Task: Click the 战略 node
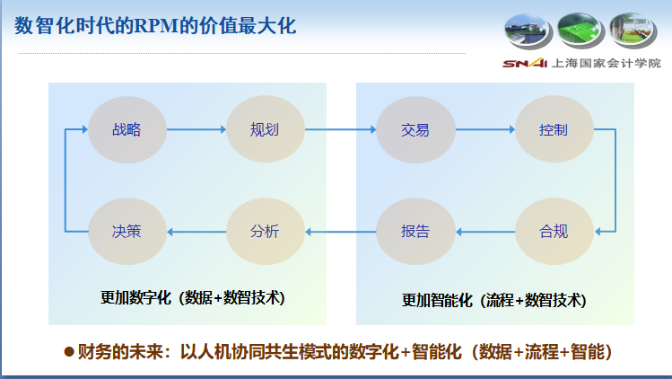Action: coord(127,129)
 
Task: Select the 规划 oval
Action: coord(265,129)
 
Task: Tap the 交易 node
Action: coord(415,129)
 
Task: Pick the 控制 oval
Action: coord(554,129)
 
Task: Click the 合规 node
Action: coord(554,232)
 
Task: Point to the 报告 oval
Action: coord(415,232)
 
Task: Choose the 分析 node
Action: coord(265,232)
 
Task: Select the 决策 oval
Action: coord(127,232)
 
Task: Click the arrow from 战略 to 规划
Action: coord(196,129)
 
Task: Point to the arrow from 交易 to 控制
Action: coord(484,129)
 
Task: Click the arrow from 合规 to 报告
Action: coord(484,232)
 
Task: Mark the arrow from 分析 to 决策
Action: coord(196,232)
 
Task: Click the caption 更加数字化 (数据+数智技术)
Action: coord(193,297)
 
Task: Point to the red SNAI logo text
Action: coord(518,63)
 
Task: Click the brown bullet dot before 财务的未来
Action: coord(68,351)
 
